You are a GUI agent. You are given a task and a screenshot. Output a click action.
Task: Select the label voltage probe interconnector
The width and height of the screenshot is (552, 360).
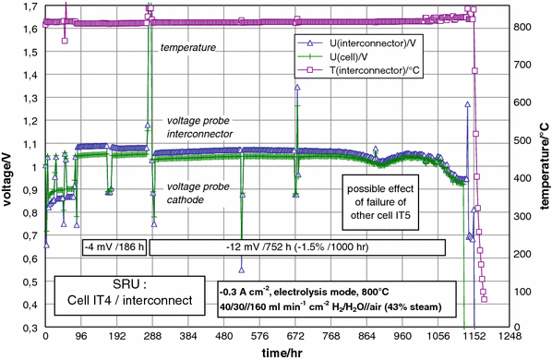pyautogui.click(x=199, y=127)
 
